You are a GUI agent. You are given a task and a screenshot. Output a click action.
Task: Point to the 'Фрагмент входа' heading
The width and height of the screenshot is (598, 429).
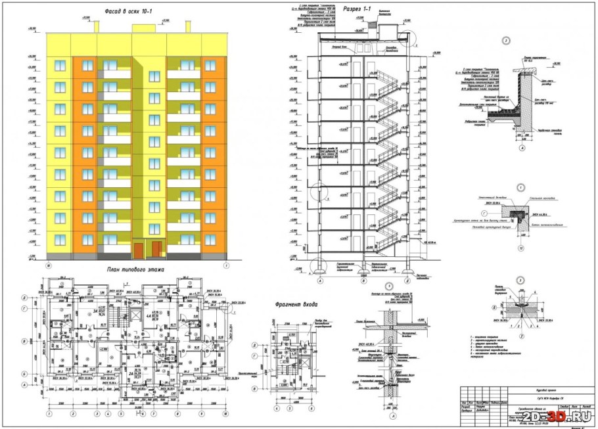tap(300, 304)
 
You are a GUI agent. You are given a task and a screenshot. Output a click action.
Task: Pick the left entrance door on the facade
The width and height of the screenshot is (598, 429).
tap(138, 250)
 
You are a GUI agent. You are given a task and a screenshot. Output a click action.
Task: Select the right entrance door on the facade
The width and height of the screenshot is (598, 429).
tap(157, 250)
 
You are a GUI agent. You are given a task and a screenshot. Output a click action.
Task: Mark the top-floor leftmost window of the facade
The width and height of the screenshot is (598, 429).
tap(60, 66)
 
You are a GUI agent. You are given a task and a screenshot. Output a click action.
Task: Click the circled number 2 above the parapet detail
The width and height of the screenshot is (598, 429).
tap(506, 41)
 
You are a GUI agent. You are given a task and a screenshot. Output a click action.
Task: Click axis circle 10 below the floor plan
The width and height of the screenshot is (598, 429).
tap(48, 415)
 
